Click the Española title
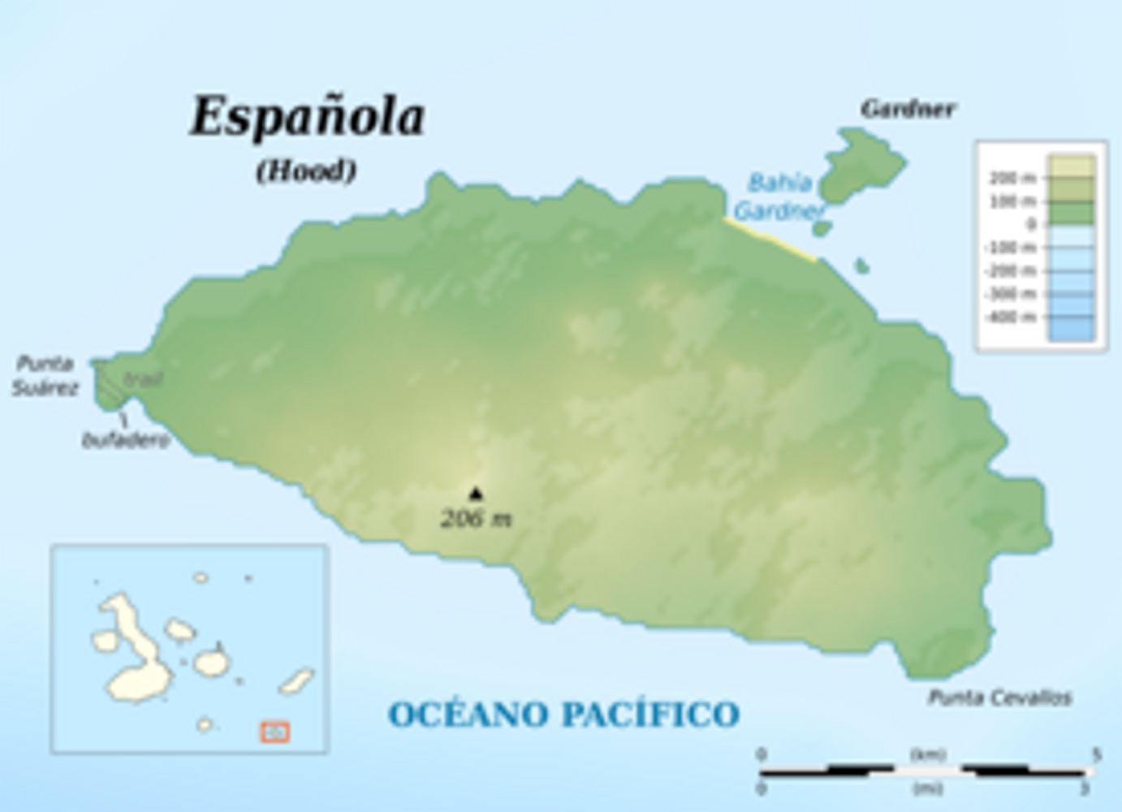tap(308, 118)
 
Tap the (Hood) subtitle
tap(306, 171)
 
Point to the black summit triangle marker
tap(476, 493)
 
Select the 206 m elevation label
tap(476, 518)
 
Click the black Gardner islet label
tap(908, 109)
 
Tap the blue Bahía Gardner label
tap(779, 197)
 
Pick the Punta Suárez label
tap(45, 375)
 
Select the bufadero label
tap(126, 440)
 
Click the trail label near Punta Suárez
tap(145, 378)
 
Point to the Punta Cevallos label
tap(999, 698)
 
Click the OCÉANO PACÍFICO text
tap(563, 715)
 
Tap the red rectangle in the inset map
tap(275, 732)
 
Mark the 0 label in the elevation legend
tap(1030, 224)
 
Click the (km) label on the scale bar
tap(928, 754)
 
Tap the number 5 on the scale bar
tap(1096, 754)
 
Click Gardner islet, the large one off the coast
tap(861, 166)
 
